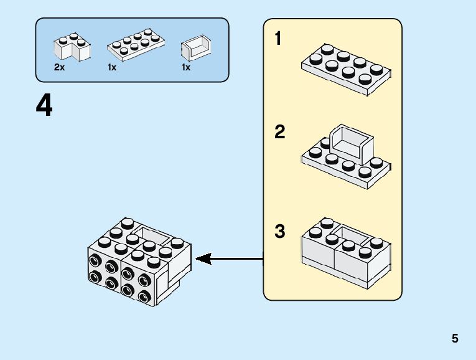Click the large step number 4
pyautogui.click(x=44, y=107)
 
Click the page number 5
pyautogui.click(x=455, y=339)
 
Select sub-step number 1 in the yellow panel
pyautogui.click(x=279, y=39)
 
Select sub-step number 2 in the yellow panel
pyautogui.click(x=279, y=132)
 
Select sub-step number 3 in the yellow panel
pyautogui.click(x=279, y=232)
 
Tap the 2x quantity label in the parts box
pyautogui.click(x=59, y=67)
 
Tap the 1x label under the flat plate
pyautogui.click(x=112, y=67)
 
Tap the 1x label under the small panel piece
pyautogui.click(x=186, y=67)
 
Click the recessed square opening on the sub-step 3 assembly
pyautogui.click(x=352, y=235)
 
